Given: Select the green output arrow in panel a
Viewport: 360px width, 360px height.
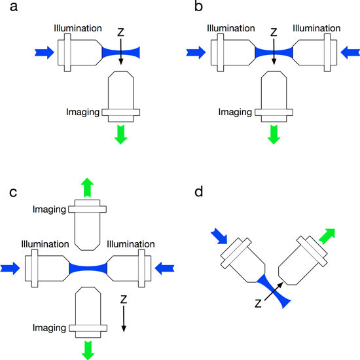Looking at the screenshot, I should point(120,134).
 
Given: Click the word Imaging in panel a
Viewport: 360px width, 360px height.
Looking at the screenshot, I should point(83,111).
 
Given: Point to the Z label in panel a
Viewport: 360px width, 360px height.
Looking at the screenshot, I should point(120,31).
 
